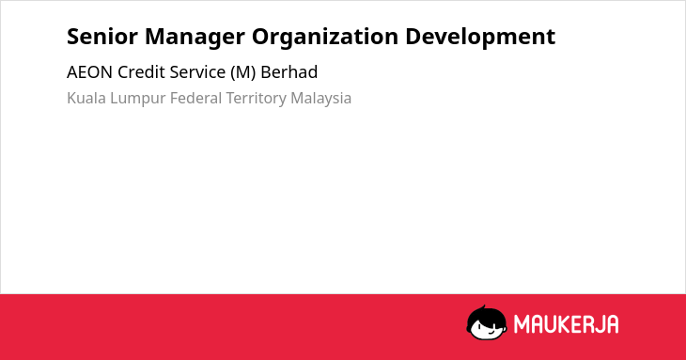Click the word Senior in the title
coord(101,37)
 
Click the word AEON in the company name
coord(89,72)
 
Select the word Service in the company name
coord(197,72)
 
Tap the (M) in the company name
coord(243,72)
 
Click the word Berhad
coord(289,72)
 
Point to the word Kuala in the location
coord(86,98)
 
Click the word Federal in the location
coord(195,98)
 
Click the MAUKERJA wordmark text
coord(566,324)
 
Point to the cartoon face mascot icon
coord(487,322)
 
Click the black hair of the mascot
coord(486,314)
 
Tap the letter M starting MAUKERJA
coord(522,324)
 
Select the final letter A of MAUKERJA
coord(612,324)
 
